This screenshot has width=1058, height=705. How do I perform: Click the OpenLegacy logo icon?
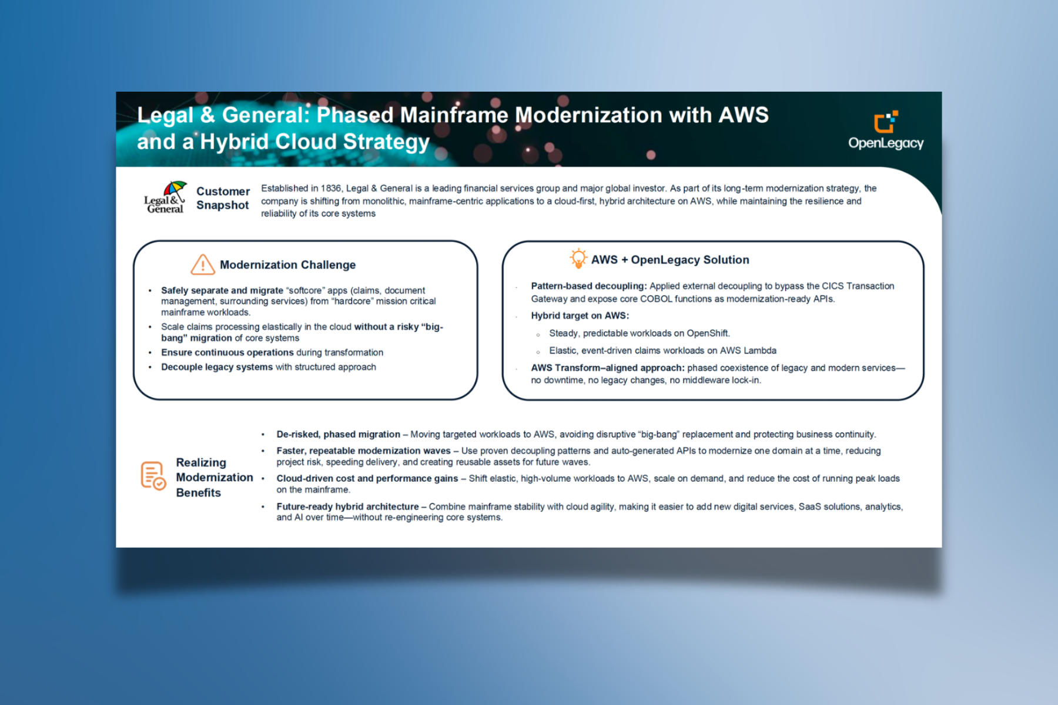point(886,122)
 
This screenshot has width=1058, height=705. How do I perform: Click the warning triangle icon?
point(202,264)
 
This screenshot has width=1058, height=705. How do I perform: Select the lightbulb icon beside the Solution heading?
point(578,258)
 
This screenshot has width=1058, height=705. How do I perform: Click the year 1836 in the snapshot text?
point(331,188)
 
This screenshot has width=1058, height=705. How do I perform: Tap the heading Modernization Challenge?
point(287,265)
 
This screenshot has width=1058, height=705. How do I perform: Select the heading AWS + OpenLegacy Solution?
point(670,260)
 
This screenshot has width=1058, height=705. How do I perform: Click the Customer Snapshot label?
point(223,198)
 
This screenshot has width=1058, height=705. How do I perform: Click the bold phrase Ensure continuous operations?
point(227,352)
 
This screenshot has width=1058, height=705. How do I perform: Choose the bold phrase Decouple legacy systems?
point(217,367)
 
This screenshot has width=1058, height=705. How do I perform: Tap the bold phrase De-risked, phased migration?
point(339,435)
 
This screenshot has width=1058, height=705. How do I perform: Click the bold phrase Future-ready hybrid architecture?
point(348,506)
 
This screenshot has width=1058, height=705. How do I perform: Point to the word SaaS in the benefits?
point(810,506)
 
